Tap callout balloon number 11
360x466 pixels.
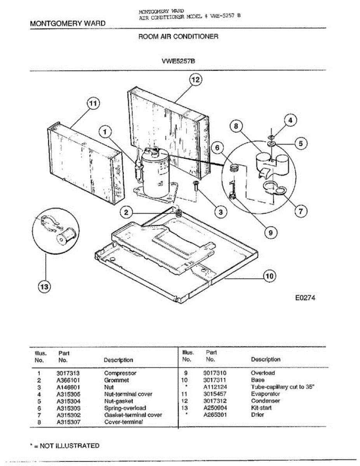[x=92, y=104]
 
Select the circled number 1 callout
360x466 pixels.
[x=105, y=132]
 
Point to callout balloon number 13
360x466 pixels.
[x=44, y=287]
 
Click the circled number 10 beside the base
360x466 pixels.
[x=270, y=276]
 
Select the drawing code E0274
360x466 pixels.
[x=306, y=298]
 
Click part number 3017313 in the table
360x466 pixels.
[x=68, y=373]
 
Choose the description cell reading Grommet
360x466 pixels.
[x=116, y=380]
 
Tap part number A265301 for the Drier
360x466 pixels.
[x=215, y=415]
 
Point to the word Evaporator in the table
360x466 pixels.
[x=265, y=394]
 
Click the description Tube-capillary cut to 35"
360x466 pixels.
[x=282, y=387]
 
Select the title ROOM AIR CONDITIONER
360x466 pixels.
[x=178, y=37]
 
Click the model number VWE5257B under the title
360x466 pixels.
[x=178, y=61]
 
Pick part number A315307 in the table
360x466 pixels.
[x=68, y=422]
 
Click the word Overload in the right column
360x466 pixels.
[x=263, y=373]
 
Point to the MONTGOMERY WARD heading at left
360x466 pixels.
[x=68, y=23]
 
